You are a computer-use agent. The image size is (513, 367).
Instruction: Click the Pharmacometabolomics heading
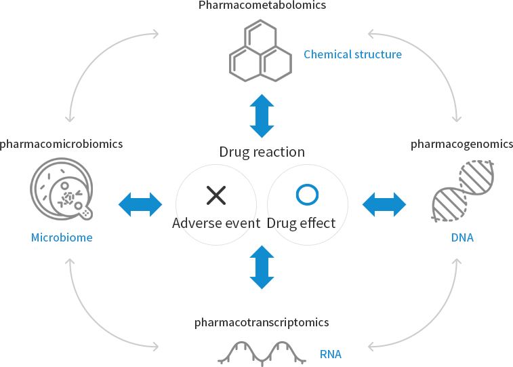coord(262,6)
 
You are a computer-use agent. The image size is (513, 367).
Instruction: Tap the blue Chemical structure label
coord(352,54)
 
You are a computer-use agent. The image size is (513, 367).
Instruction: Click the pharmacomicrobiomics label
coord(62,144)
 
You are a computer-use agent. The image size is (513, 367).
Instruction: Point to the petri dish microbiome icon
coord(61,190)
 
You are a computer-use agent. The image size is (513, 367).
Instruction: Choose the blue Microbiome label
coord(62,238)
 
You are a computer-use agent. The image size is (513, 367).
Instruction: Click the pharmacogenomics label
coord(461,144)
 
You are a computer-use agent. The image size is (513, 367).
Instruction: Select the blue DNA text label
coord(462,238)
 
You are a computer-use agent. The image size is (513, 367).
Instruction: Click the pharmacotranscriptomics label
coord(262,322)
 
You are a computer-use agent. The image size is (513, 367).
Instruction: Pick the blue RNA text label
coord(331,354)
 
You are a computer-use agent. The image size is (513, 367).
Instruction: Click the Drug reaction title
coord(262,151)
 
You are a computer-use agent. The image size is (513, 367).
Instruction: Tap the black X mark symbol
coord(216,195)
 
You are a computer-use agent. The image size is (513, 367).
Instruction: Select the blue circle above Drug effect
coord(307,195)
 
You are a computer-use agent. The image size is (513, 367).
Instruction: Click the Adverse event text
coord(216,223)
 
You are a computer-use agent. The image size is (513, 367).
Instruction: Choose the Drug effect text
coord(302,223)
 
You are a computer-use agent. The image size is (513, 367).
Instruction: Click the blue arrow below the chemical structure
coord(262,116)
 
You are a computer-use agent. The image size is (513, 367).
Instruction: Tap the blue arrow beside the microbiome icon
coord(140,204)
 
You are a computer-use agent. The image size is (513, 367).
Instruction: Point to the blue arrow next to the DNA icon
coord(384,204)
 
